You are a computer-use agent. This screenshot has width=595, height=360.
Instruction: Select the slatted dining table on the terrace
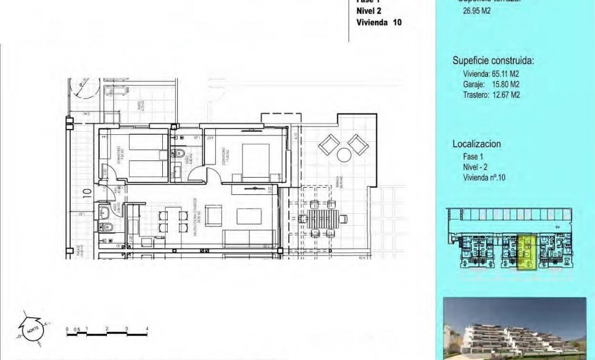tap(323, 218)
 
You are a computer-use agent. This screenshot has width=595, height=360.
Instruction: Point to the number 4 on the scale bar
tap(146, 329)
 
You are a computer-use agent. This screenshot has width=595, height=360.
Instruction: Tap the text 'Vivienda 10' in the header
tap(379, 22)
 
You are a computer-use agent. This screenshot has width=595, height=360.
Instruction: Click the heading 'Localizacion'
tap(477, 144)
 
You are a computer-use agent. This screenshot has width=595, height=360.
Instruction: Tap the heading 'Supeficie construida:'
tap(493, 61)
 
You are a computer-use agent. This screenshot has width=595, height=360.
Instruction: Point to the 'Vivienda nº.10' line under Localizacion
tap(484, 177)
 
